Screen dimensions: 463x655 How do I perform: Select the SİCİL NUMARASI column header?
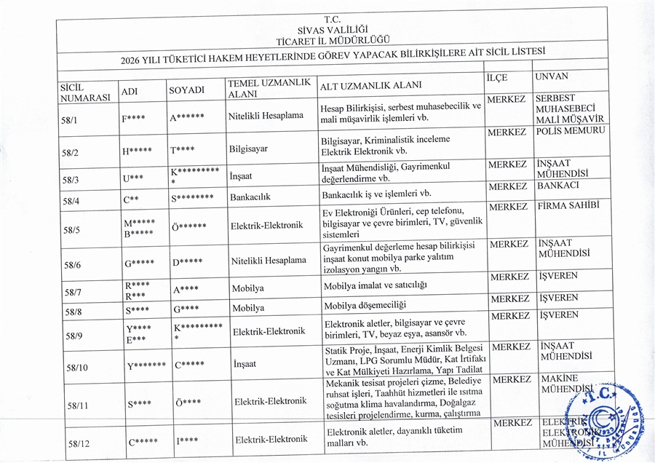pos(85,92)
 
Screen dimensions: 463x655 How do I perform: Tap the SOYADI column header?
pos(186,90)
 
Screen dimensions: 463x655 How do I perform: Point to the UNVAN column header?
pos(551,76)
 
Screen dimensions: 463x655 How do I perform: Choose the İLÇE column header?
pos(498,77)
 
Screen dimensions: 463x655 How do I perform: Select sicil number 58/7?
pos(74,293)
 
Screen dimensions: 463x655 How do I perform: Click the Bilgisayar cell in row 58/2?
pos(248,149)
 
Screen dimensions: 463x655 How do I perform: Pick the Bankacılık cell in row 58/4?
pos(250,197)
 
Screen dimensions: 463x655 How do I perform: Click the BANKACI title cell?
pos(558,186)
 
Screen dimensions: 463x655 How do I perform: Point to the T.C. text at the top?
pos(332,18)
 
